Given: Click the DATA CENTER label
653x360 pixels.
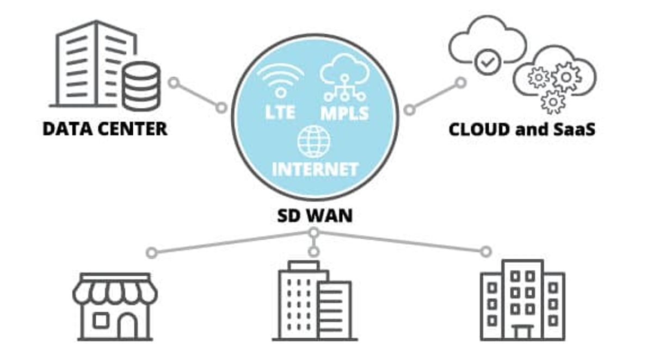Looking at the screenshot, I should pyautogui.click(x=105, y=129).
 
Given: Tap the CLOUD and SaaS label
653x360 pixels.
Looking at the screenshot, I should pyautogui.click(x=521, y=129).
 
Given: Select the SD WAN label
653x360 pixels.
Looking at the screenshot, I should pyautogui.click(x=312, y=215).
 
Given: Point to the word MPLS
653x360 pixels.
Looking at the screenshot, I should pyautogui.click(x=344, y=113).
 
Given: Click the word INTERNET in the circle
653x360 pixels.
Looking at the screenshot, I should pyautogui.click(x=315, y=168).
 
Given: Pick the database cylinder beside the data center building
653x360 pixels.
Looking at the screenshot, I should pyautogui.click(x=141, y=85).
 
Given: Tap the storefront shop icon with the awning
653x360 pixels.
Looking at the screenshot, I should pyautogui.click(x=115, y=306).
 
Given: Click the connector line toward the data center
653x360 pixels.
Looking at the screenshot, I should pyautogui.click(x=197, y=96).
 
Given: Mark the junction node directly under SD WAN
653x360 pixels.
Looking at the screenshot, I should pyautogui.click(x=313, y=233).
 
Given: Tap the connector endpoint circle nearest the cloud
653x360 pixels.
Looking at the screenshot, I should pyautogui.click(x=461, y=83).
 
